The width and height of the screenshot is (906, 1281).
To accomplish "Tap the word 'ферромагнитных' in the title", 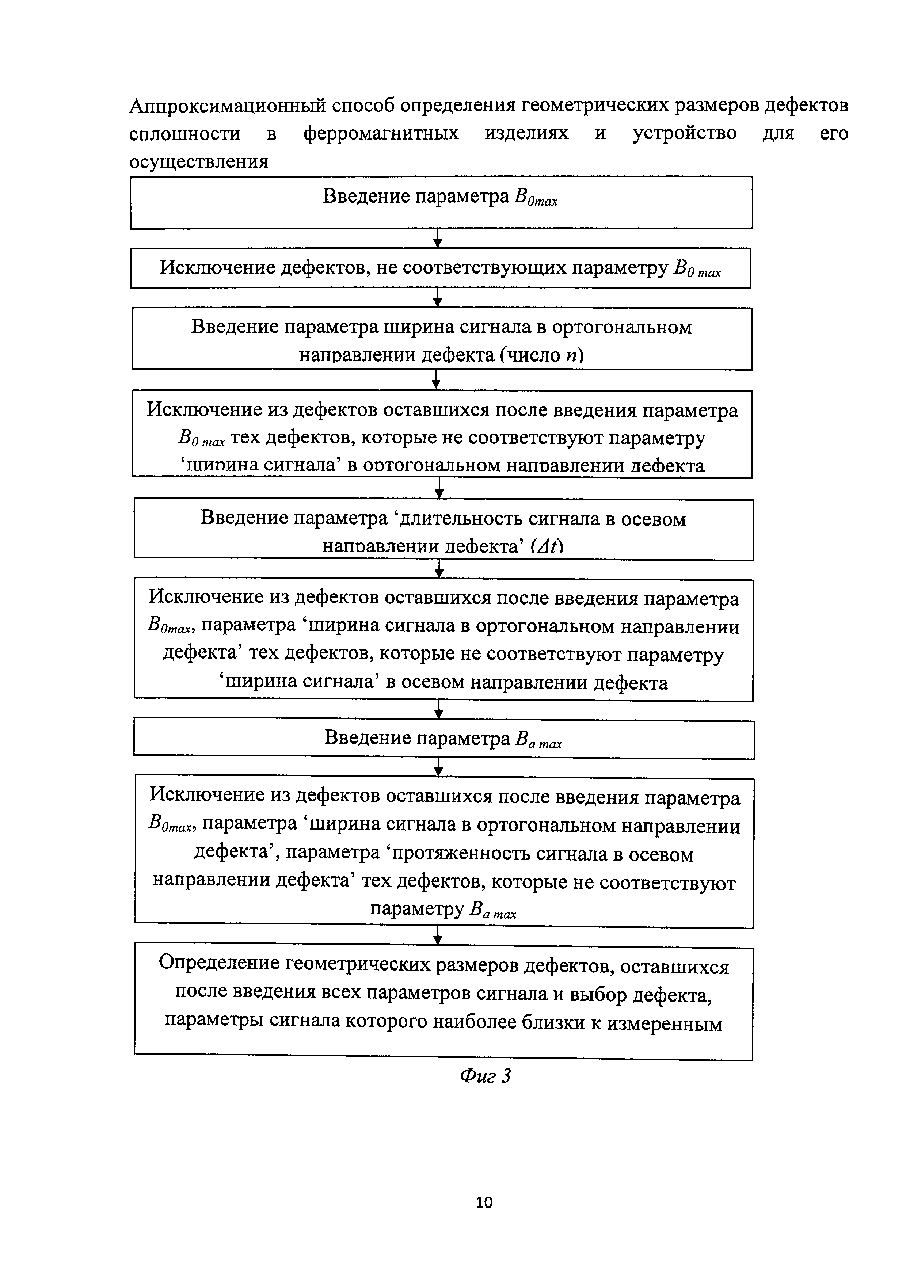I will point(381,133).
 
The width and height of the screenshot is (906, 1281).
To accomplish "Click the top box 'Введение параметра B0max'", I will point(441,202).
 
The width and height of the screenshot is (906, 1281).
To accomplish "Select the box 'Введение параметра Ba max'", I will point(444,739).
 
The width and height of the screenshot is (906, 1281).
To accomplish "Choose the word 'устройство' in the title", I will point(685,133).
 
